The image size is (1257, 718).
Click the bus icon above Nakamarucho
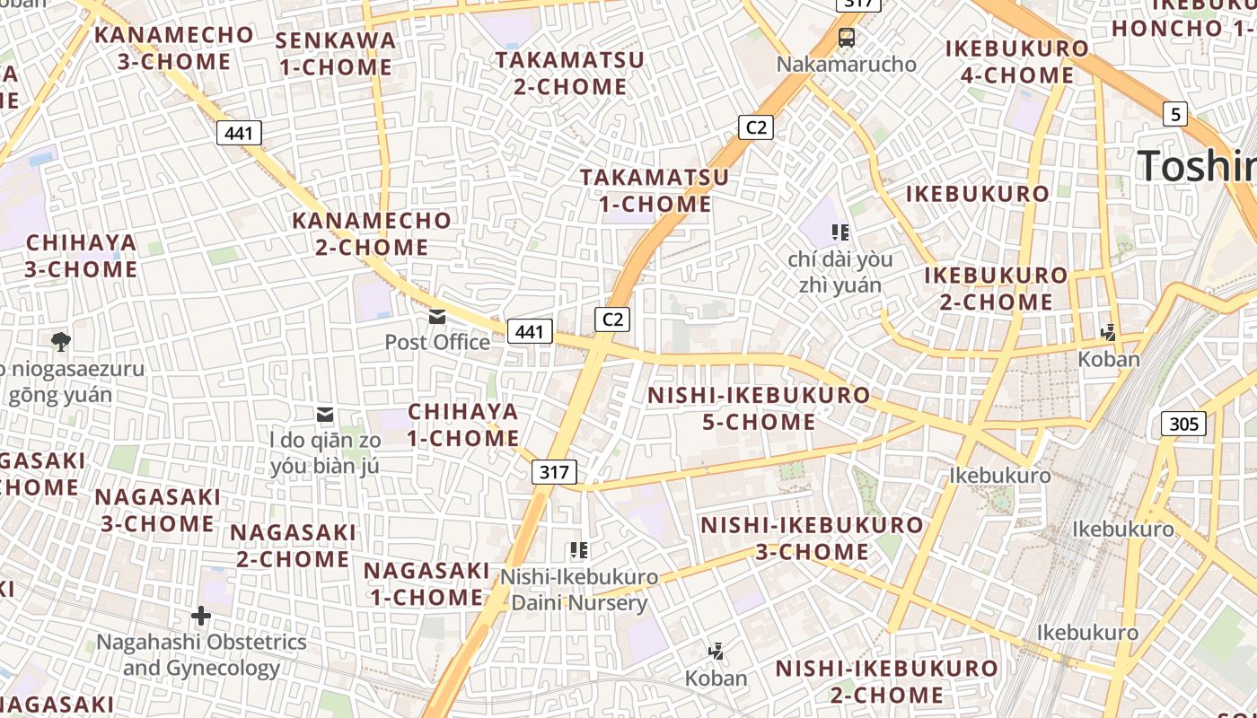tap(846, 38)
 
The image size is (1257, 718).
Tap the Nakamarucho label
tap(846, 65)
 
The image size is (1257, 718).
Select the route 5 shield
tap(1175, 114)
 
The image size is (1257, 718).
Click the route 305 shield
tap(1183, 424)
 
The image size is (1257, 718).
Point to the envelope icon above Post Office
tap(437, 316)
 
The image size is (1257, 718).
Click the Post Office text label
tap(437, 342)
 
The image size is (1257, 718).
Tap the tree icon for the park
tap(61, 341)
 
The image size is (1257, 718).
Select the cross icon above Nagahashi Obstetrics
tap(201, 616)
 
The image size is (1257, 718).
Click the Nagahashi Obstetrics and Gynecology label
tap(201, 655)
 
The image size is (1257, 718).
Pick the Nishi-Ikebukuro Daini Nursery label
tap(579, 590)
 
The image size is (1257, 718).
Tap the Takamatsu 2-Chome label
tap(570, 74)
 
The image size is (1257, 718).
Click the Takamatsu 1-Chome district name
tap(655, 190)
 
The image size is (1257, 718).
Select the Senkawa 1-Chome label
tap(336, 54)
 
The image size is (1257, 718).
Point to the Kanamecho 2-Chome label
tap(372, 233)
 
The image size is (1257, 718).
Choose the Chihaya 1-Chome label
tap(463, 425)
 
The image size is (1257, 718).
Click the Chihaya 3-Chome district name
tap(82, 256)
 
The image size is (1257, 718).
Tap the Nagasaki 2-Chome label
tap(293, 546)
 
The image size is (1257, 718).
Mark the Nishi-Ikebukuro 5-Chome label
tap(759, 408)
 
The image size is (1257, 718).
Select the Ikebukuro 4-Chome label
tap(1017, 62)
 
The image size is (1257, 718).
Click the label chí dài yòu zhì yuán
tap(840, 272)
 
